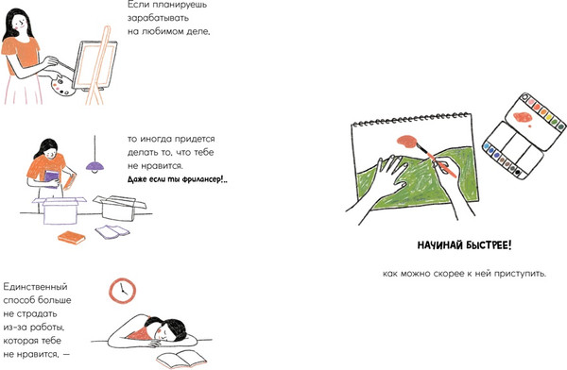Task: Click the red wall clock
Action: click(122, 291)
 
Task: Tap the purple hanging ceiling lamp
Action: click(95, 166)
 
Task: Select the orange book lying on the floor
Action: click(72, 238)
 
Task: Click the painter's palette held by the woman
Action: click(63, 86)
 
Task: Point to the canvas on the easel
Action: click(94, 65)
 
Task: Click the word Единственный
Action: click(36, 287)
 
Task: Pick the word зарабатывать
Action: click(158, 19)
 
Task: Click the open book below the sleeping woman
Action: click(181, 359)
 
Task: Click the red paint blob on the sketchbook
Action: click(407, 142)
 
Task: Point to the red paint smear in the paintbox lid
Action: click(523, 117)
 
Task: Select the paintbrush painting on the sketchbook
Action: click(435, 160)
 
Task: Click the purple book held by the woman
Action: click(51, 179)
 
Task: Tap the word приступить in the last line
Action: click(519, 274)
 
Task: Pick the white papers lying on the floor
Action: click(112, 231)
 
